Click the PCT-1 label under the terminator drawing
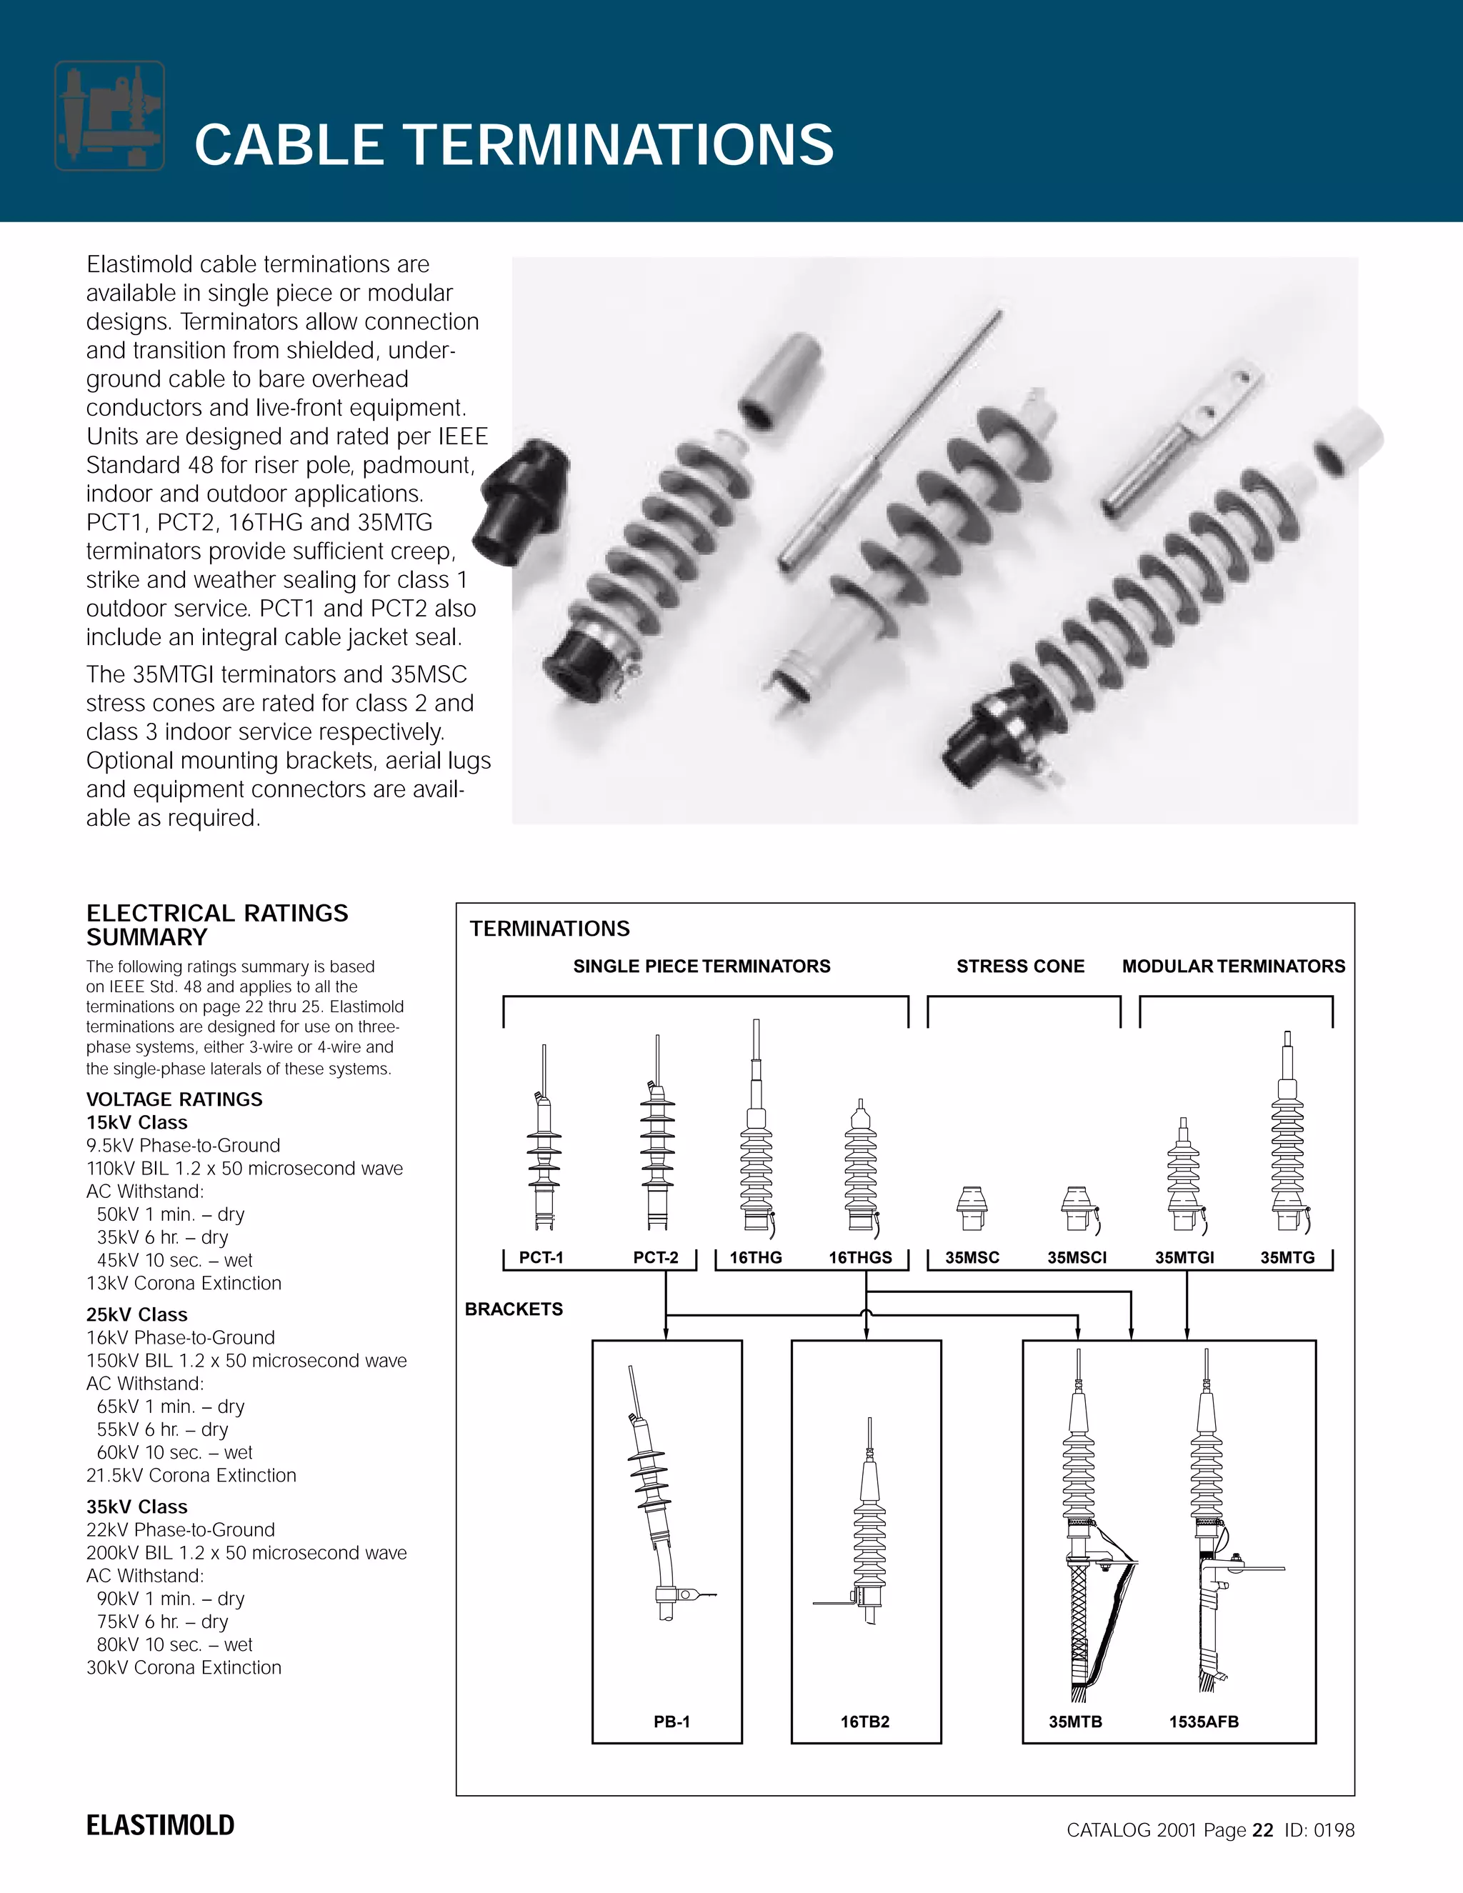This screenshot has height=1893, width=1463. click(x=541, y=1258)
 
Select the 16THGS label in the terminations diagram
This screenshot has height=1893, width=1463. click(x=860, y=1258)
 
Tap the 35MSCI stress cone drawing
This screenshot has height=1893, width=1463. click(x=1077, y=1208)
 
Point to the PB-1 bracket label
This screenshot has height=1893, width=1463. click(x=671, y=1722)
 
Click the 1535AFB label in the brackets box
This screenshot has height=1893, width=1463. click(x=1204, y=1722)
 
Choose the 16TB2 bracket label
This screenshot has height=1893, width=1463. click(x=865, y=1722)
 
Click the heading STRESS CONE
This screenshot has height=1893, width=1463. click(x=1020, y=967)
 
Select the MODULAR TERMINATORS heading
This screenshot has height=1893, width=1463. click(x=1233, y=967)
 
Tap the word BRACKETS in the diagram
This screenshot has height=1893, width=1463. click(x=514, y=1309)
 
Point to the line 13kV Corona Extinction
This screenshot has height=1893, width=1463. click(x=184, y=1283)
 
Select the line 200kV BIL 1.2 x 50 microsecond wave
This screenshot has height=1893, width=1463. click(x=246, y=1552)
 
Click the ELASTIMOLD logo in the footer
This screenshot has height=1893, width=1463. click(x=160, y=1825)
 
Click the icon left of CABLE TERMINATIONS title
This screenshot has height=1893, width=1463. click(x=109, y=115)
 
